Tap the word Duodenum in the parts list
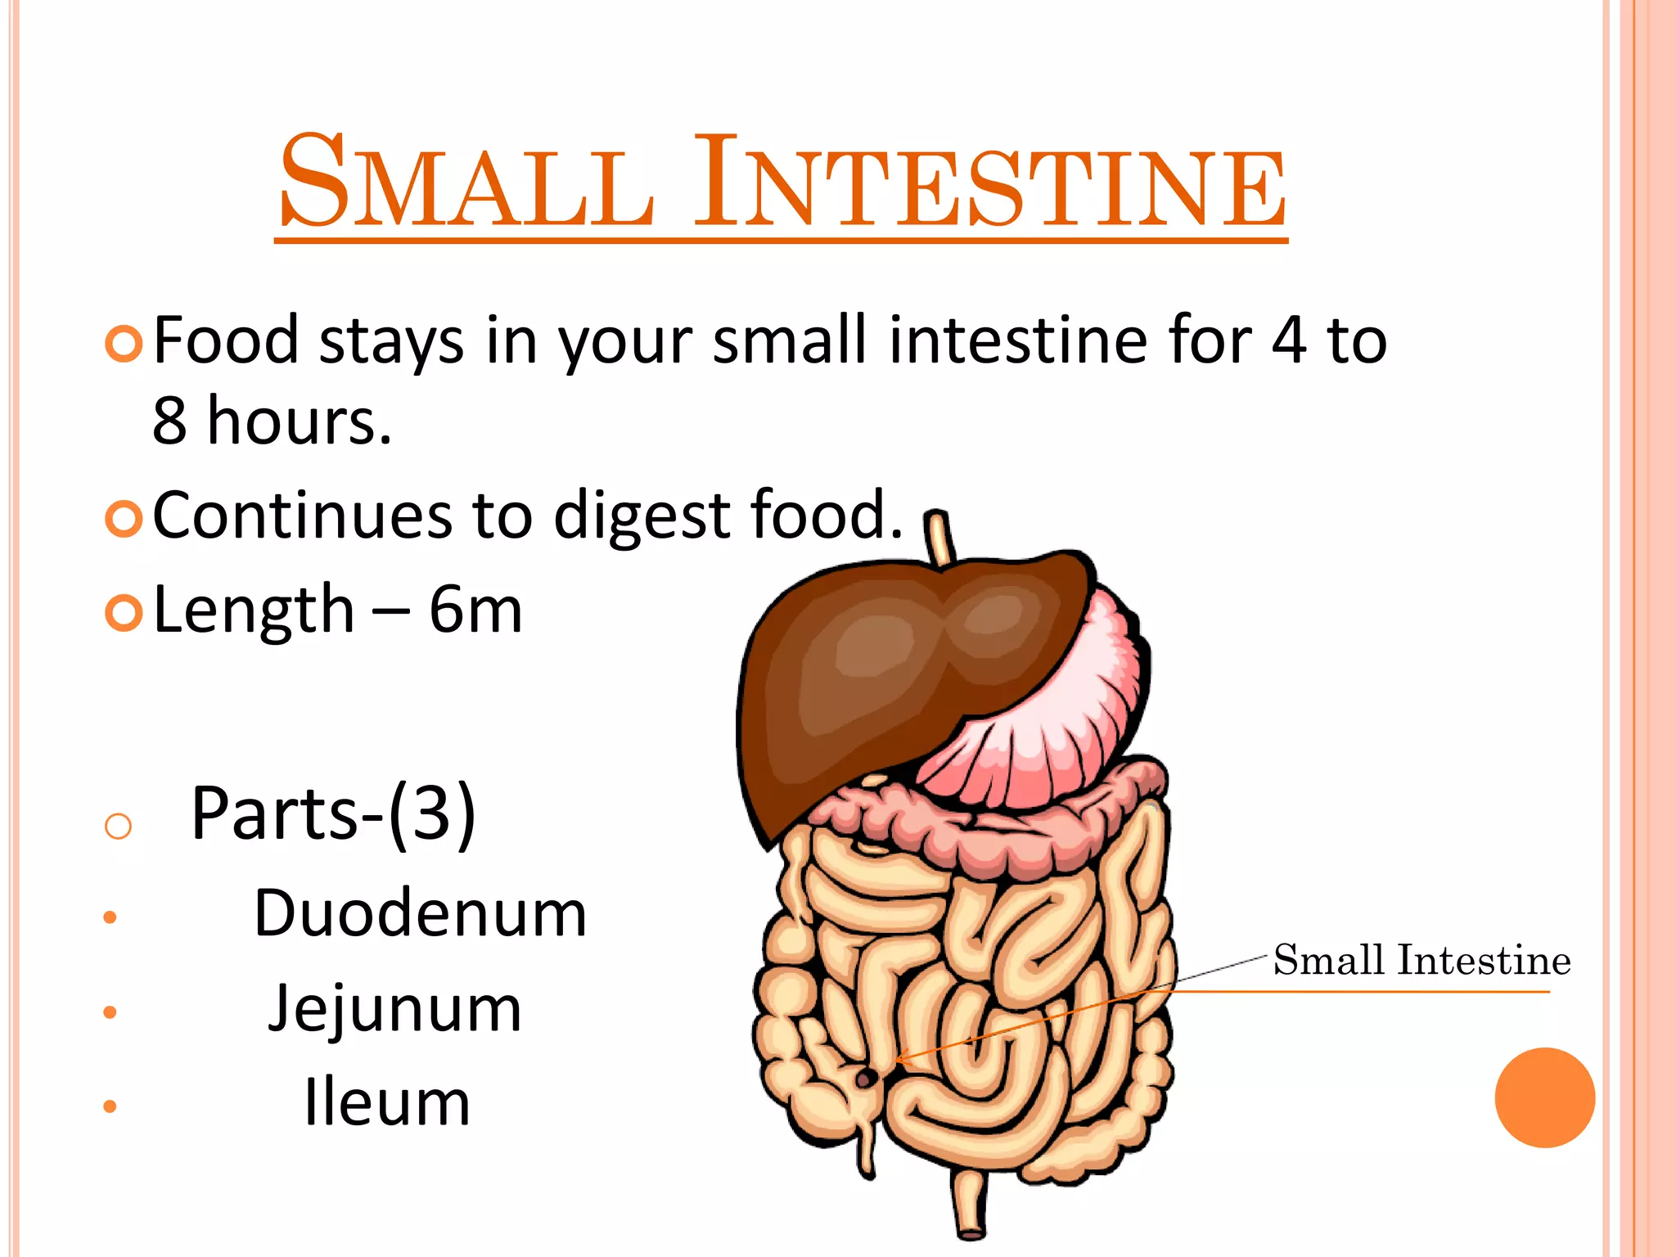(x=420, y=913)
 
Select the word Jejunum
(x=394, y=1008)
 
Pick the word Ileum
(x=387, y=1102)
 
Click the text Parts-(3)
(x=333, y=813)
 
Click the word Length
(x=254, y=611)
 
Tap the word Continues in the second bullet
(x=302, y=516)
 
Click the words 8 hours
(x=272, y=421)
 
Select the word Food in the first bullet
(x=226, y=340)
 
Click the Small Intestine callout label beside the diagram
(x=1421, y=960)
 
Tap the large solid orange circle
(x=1544, y=1097)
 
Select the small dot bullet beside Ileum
(x=110, y=1107)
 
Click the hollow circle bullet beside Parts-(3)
(x=119, y=826)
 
